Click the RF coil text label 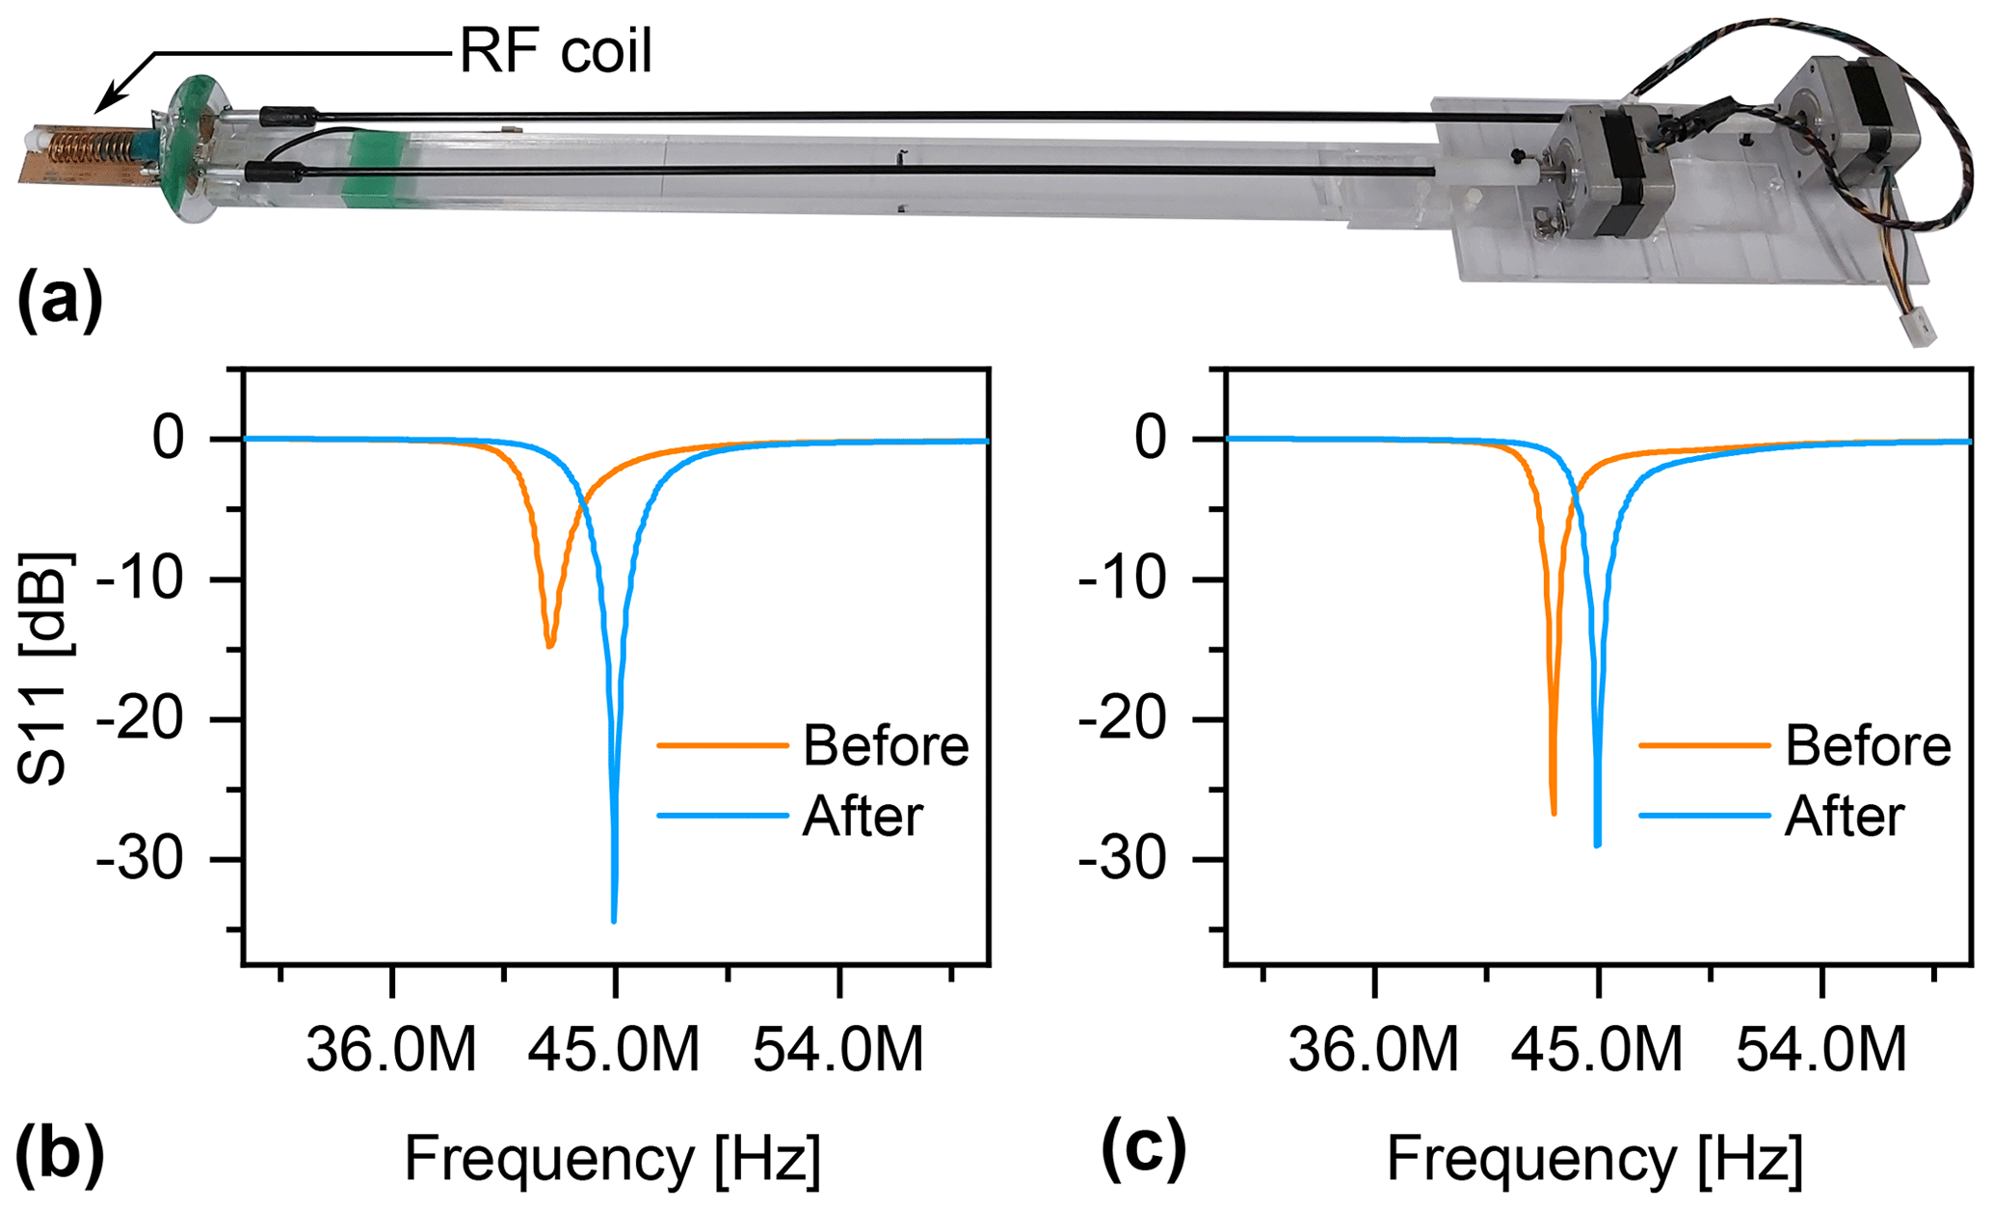point(556,50)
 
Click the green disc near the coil point(193,149)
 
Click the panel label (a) point(60,303)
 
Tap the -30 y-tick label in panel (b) point(140,860)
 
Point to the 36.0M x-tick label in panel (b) point(391,1050)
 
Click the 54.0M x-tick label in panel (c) point(1821,1050)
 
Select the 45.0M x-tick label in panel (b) point(614,1050)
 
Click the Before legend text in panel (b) point(886,745)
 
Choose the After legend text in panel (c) point(1845,817)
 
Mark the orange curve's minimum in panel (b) point(549,645)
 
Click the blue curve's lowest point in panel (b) point(614,921)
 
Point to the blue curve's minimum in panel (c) point(1598,845)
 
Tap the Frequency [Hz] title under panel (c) point(1594,1158)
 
